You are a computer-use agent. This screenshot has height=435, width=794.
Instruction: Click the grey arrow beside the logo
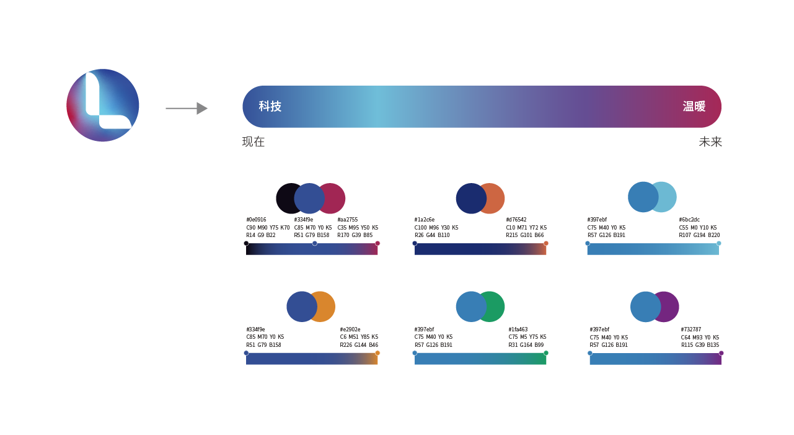(187, 108)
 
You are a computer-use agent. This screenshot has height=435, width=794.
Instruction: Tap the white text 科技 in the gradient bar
(270, 107)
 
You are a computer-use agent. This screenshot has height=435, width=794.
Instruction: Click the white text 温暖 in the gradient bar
(694, 107)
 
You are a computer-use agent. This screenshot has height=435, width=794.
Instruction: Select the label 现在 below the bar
(253, 142)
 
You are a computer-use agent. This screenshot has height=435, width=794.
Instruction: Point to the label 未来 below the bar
(710, 142)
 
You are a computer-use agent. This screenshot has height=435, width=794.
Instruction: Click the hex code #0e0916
(256, 220)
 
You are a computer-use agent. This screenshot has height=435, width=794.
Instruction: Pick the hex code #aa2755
(347, 220)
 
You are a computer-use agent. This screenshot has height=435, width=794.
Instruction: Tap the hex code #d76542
(516, 220)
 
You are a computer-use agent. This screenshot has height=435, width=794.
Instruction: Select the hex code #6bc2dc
(689, 220)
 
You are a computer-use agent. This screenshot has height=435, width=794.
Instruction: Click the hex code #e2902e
(350, 330)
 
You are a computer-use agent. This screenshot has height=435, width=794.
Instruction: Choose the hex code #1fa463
(518, 330)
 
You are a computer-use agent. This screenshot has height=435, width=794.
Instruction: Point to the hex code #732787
(691, 330)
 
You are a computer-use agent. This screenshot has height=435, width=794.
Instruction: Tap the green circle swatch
(494, 307)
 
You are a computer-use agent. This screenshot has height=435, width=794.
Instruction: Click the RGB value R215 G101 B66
(524, 235)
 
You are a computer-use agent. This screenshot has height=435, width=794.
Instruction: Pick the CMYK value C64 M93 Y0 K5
(700, 337)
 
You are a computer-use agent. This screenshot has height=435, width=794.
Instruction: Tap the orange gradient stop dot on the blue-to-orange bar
(377, 353)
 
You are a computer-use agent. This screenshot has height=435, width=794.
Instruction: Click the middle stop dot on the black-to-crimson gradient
(315, 243)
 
